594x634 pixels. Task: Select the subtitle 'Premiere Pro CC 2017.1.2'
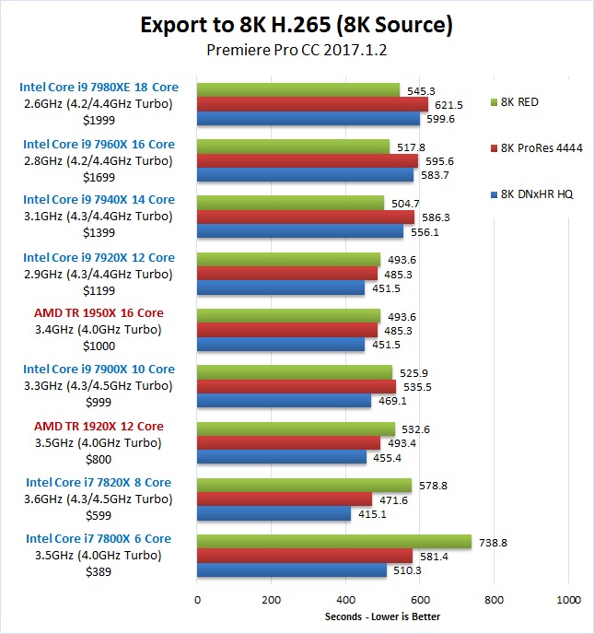297,51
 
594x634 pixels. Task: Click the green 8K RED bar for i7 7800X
334,542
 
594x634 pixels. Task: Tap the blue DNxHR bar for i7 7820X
274,514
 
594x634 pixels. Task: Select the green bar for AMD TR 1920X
296,429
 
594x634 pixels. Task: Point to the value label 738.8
493,542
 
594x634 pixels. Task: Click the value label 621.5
448,105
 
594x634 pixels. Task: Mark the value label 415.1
372,514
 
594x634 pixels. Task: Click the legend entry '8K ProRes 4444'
543,147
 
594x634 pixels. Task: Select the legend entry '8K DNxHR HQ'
540,194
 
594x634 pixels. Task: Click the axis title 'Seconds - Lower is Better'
383,616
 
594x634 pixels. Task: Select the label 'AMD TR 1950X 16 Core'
99,313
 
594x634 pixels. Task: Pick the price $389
99,572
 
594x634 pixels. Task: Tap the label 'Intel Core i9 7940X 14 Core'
99,200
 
